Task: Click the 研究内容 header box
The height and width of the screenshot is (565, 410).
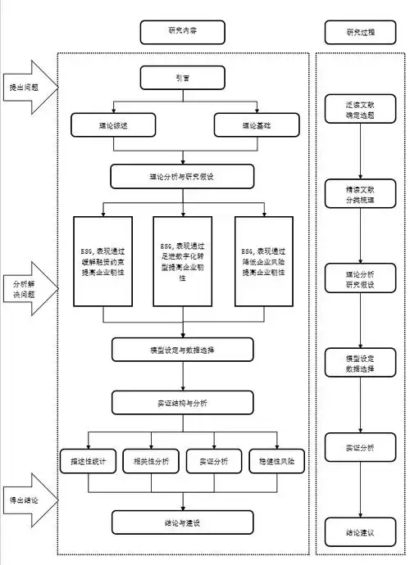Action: click(181, 32)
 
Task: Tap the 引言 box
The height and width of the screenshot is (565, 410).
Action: click(181, 78)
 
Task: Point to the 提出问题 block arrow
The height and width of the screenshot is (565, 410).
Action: click(30, 85)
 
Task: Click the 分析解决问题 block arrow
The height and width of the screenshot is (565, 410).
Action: click(30, 288)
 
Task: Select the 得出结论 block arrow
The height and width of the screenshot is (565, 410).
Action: click(30, 499)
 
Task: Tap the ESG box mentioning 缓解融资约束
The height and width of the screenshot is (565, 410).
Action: click(102, 261)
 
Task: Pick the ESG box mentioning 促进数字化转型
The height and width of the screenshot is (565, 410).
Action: click(182, 261)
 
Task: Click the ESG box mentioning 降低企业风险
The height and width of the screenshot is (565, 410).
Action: click(263, 261)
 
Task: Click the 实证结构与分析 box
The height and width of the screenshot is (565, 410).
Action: click(181, 403)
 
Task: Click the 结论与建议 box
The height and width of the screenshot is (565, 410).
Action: click(181, 522)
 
